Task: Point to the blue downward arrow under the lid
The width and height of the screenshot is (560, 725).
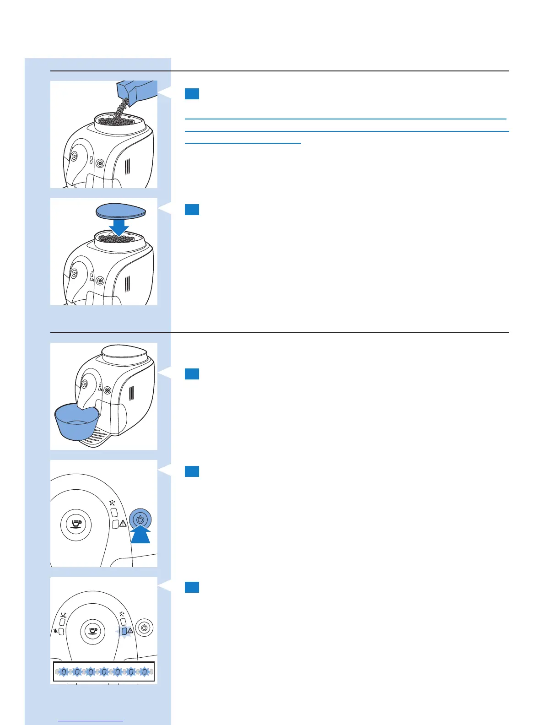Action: (x=118, y=227)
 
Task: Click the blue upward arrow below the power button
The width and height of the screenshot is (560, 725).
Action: (x=140, y=535)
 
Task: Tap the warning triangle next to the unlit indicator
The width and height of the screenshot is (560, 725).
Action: (x=123, y=524)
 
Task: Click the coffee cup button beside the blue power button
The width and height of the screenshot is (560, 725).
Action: (x=76, y=525)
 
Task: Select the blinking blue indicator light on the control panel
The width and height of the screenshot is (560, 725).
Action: (x=124, y=631)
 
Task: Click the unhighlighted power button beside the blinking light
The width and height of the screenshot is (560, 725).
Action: (x=145, y=628)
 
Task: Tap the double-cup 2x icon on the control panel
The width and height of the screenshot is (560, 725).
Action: (x=63, y=615)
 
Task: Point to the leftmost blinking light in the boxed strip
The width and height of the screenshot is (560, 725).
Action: (x=64, y=672)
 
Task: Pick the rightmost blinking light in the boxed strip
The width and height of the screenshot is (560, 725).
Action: (x=145, y=672)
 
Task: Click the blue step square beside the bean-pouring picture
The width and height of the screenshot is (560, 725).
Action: (x=192, y=94)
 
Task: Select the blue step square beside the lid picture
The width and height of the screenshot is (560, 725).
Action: (x=192, y=210)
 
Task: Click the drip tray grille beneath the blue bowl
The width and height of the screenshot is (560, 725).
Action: (x=99, y=437)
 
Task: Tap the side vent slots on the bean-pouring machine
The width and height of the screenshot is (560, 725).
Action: (x=128, y=171)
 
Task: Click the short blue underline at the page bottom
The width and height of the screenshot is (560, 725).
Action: (x=91, y=721)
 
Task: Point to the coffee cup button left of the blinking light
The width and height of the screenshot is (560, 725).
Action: (x=92, y=631)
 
